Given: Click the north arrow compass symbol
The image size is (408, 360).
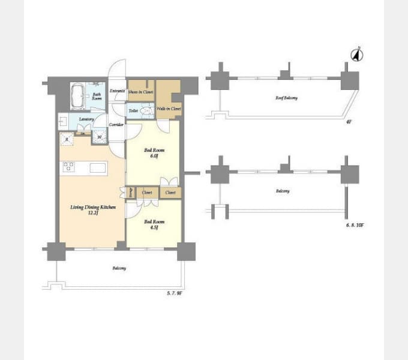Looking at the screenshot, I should (x=356, y=55).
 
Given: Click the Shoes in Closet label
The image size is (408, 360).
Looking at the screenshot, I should (x=141, y=92).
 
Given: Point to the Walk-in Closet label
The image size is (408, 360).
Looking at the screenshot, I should (x=169, y=109).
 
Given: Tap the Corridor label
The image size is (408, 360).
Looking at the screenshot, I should (x=116, y=125).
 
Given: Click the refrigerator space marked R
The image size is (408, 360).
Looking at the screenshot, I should (x=66, y=139).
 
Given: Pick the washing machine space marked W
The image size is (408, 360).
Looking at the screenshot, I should (x=100, y=139).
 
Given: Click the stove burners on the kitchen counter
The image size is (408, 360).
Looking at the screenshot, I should (x=68, y=167).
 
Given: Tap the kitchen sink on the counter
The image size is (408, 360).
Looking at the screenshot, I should (x=98, y=168).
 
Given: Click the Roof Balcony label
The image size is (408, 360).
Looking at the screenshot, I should (x=286, y=98).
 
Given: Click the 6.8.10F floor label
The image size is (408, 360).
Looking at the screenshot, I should (x=355, y=225).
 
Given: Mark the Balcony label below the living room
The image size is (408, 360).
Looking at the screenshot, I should (x=119, y=268).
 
